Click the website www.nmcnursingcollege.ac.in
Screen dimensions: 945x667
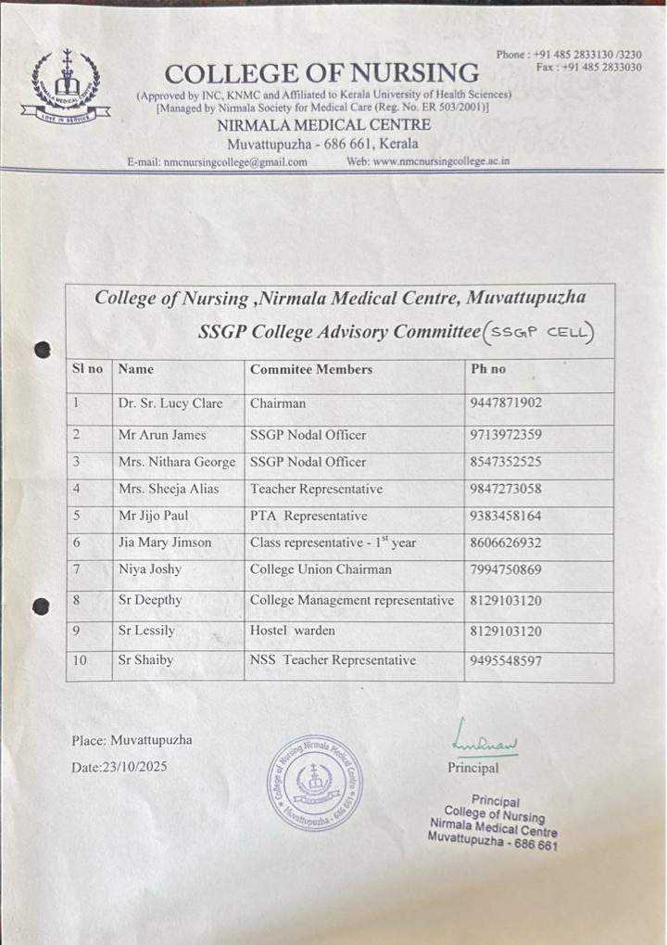click(x=428, y=161)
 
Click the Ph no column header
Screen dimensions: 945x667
click(x=488, y=369)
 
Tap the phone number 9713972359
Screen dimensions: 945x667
click(x=506, y=434)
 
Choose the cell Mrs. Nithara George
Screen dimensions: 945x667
click(x=177, y=462)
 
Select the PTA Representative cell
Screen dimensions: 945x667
click(x=308, y=516)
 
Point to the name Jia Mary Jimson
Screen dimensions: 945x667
click(x=165, y=543)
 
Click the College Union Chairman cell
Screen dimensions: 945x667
click(x=321, y=569)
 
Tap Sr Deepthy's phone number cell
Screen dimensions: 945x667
click(x=506, y=601)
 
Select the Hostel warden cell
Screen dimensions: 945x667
click(x=293, y=632)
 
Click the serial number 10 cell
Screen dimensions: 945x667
click(x=80, y=661)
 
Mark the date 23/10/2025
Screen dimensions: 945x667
click(x=120, y=768)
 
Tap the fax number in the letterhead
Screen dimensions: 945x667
click(x=588, y=68)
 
